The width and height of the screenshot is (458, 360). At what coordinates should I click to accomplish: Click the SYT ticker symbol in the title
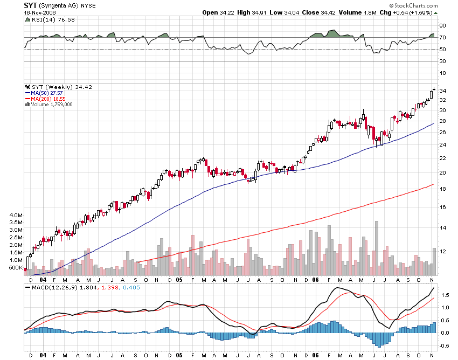(30, 5)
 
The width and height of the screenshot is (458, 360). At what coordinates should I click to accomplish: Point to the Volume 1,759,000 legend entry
(52, 105)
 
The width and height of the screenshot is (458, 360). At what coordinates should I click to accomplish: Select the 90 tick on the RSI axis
(442, 25)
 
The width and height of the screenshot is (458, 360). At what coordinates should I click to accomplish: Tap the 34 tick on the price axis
(442, 91)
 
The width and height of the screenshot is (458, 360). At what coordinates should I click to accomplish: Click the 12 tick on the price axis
(442, 252)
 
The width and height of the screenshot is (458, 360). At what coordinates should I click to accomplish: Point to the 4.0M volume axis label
(16, 215)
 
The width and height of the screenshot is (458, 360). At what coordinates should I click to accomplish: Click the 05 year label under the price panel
(179, 280)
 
